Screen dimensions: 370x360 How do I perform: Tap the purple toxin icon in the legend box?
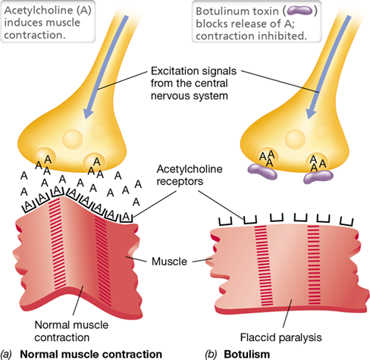click(x=300, y=11)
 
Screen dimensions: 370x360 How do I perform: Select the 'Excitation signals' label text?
click(x=193, y=71)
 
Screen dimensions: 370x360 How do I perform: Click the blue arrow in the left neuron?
click(x=106, y=67)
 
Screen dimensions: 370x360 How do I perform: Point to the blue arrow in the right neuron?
click(x=328, y=67)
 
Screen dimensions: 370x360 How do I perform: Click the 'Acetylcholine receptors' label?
click(x=190, y=175)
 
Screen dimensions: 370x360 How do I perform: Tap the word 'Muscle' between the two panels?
click(x=169, y=261)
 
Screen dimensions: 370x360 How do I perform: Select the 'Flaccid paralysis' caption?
click(x=281, y=337)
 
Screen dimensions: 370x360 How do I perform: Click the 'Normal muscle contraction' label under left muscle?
click(x=71, y=331)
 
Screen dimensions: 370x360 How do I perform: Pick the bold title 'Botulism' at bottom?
click(x=246, y=354)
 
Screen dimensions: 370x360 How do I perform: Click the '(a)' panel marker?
click(x=6, y=354)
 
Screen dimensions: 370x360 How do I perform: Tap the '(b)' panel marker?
click(x=210, y=354)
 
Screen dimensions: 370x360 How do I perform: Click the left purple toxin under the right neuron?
click(x=262, y=172)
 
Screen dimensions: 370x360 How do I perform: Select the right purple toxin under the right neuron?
click(x=318, y=177)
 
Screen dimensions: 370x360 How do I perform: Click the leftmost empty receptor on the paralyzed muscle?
click(x=225, y=221)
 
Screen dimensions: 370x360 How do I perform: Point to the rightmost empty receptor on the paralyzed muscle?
click(x=346, y=221)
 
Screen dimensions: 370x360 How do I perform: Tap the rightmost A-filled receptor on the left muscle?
click(x=127, y=218)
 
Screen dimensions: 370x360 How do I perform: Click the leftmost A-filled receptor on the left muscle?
click(x=30, y=206)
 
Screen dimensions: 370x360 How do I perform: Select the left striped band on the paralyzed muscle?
click(x=264, y=265)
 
